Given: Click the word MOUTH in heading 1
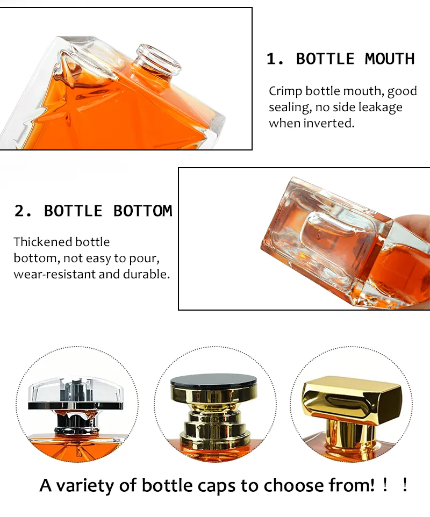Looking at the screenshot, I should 390,59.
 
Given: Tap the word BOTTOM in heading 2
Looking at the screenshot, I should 142,211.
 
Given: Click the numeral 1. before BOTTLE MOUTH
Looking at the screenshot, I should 275,59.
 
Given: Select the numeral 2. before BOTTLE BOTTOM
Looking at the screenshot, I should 23,211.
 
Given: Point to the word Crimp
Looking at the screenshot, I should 285,91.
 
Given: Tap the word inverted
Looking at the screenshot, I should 328,123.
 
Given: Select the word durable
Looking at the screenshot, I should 149,274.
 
